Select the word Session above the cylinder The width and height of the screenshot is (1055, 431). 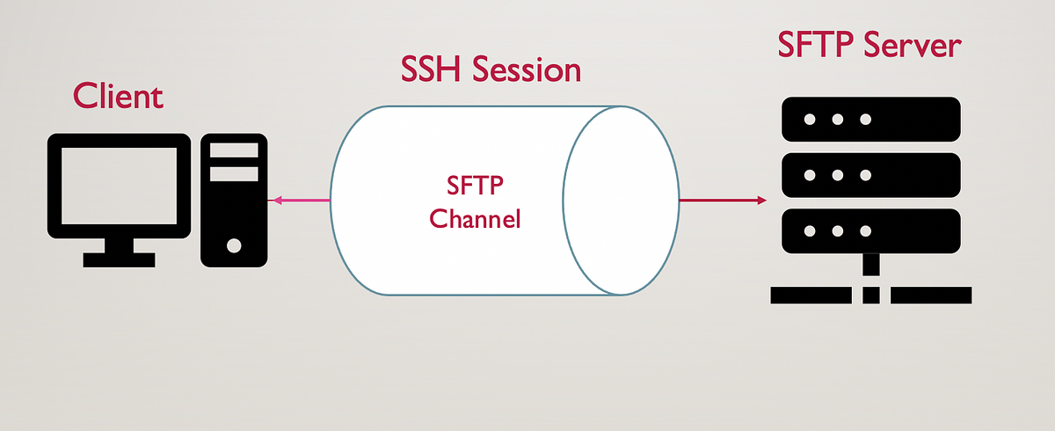pyautogui.click(x=526, y=69)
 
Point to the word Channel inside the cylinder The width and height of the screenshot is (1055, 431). pyautogui.click(x=475, y=218)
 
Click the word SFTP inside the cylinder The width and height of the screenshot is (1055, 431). pyautogui.click(x=475, y=186)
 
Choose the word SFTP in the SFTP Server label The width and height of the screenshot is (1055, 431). pyautogui.click(x=816, y=47)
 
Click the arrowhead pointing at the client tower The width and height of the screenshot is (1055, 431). pyautogui.click(x=275, y=201)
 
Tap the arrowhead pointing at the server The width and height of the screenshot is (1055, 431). pyautogui.click(x=760, y=201)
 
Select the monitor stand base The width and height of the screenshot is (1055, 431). pyautogui.click(x=119, y=260)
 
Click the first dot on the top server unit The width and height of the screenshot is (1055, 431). pyautogui.click(x=808, y=120)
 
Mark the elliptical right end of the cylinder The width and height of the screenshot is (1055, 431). pyautogui.click(x=622, y=201)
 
